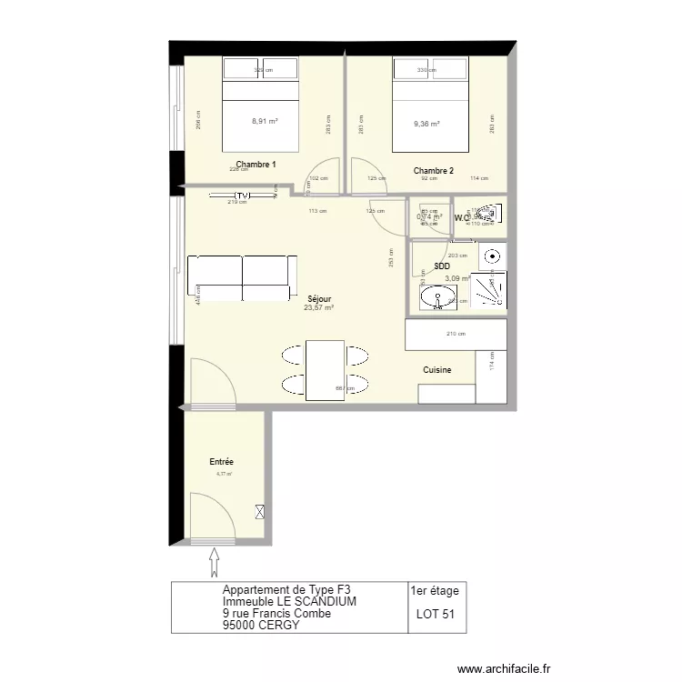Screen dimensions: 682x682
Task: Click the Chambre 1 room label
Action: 256,165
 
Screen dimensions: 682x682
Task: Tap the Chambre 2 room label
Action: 433,171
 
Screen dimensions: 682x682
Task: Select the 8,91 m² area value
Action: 265,120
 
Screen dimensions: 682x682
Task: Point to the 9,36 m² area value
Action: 426,125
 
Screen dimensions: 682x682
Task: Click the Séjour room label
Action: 319,298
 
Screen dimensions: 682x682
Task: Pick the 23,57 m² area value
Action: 318,307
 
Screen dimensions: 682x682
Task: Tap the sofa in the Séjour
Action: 242,278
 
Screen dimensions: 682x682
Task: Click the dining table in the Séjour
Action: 325,370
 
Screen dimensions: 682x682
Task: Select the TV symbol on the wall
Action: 241,196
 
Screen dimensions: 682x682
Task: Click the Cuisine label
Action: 436,370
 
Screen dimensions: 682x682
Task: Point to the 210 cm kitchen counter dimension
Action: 456,334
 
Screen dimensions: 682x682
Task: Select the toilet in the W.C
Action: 487,216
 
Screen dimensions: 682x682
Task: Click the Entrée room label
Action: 221,463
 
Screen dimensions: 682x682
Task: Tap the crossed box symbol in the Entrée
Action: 261,513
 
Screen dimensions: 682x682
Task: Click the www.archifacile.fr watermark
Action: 504,668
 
